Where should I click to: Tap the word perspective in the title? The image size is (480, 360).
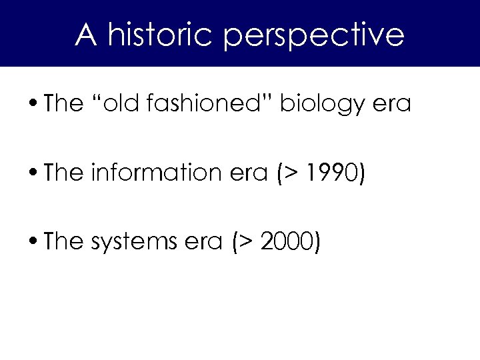313,36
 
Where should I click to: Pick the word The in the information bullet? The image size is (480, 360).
65,173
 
